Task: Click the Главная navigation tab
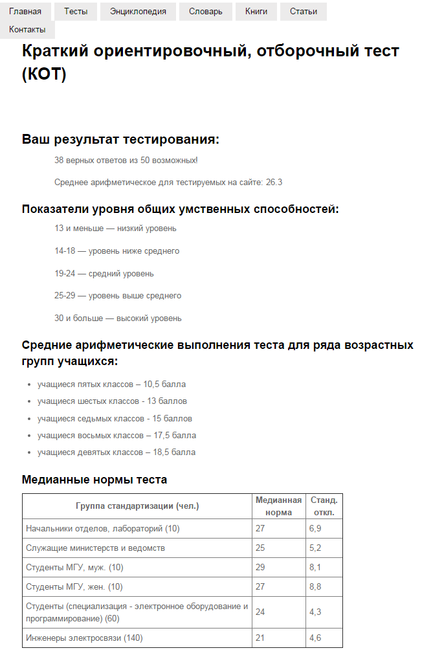(25, 12)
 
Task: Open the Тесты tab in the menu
(76, 12)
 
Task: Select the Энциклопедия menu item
(138, 12)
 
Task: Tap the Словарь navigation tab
(206, 12)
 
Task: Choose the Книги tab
(256, 12)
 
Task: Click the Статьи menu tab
(304, 12)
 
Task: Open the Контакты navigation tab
(27, 30)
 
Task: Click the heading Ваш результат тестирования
(120, 139)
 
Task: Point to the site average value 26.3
(274, 183)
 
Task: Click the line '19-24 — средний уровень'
(104, 273)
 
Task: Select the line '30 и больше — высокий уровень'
(118, 318)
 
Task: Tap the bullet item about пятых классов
(111, 384)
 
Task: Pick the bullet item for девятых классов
(116, 452)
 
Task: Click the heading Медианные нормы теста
(94, 480)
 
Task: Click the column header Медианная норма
(278, 506)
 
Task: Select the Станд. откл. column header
(324, 506)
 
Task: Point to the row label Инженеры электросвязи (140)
(84, 638)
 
